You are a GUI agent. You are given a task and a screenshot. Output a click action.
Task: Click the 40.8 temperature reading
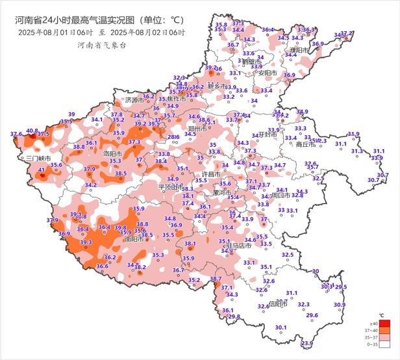pyautogui.click(x=32, y=131)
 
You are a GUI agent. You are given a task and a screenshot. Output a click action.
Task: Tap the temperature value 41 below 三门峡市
pyautogui.click(x=42, y=170)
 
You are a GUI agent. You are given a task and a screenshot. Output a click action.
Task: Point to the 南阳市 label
pyautogui.click(x=134, y=239)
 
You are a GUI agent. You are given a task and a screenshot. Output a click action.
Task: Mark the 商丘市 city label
pyautogui.click(x=305, y=145)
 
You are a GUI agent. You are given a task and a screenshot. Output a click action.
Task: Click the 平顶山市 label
pyautogui.click(x=172, y=186)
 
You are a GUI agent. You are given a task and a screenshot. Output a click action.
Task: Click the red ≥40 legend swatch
pyautogui.click(x=385, y=323)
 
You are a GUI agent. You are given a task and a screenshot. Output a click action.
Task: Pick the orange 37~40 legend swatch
pyautogui.click(x=385, y=331)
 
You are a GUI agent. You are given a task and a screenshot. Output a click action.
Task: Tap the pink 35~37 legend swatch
pyautogui.click(x=385, y=339)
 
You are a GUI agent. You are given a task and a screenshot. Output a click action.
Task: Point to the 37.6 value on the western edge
pyautogui.click(x=16, y=135)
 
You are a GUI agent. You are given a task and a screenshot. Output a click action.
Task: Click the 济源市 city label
pyautogui.click(x=133, y=100)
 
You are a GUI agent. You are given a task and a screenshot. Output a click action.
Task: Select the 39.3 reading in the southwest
pyautogui.click(x=86, y=242)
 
